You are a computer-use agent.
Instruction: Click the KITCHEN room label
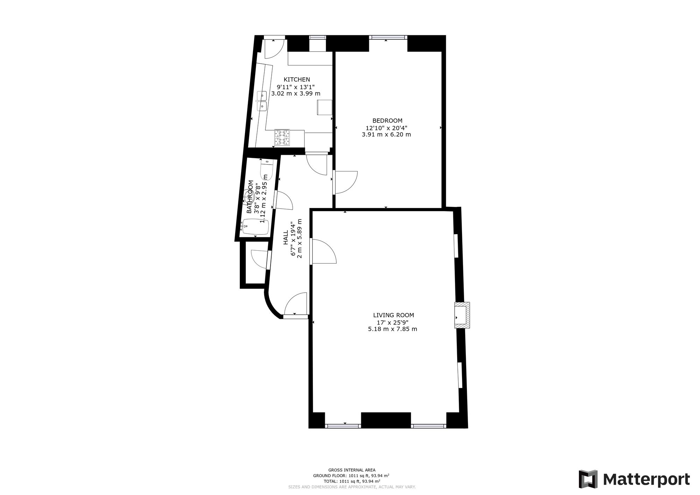[x=297, y=79]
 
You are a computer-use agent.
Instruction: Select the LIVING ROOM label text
[x=394, y=315]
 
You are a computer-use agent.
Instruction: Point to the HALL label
[x=286, y=237]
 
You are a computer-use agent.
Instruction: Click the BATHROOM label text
[x=250, y=197]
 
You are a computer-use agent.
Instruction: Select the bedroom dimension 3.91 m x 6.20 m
[x=386, y=134]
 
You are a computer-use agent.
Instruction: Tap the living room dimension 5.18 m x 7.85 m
[x=393, y=329]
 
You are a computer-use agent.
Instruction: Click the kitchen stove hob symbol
[x=282, y=137]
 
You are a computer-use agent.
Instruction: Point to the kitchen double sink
[x=262, y=101]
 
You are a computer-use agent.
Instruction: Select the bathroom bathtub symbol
[x=255, y=227]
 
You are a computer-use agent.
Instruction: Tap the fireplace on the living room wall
[x=462, y=315]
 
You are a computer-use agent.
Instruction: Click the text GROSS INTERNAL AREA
[x=352, y=470]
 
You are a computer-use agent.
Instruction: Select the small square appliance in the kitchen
[x=324, y=107]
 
